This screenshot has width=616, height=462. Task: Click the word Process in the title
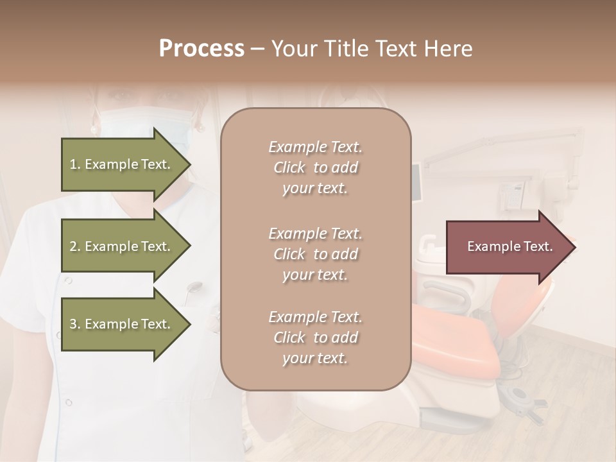(201, 49)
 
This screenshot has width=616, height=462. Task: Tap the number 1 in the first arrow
(73, 165)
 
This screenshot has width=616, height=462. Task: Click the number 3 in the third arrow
(73, 325)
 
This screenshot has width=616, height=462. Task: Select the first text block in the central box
(315, 167)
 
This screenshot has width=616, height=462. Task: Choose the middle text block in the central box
(315, 254)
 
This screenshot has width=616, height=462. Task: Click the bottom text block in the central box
(315, 338)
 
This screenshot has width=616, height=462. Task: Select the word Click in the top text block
(289, 168)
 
